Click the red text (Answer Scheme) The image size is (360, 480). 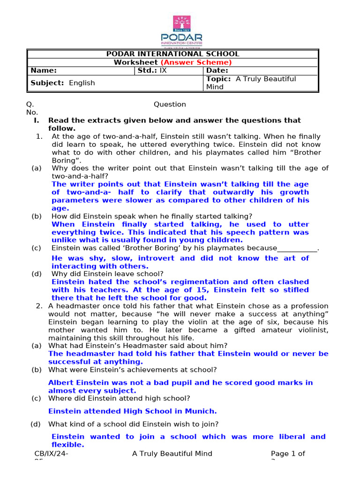pos(196,62)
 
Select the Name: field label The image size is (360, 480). pos(44,70)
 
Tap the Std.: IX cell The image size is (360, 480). pos(151,70)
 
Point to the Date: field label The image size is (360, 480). pos(217,70)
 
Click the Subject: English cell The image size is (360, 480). pos(62,83)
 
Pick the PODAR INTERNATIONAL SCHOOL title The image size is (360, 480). pos(172,54)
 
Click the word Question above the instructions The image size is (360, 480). pos(170,104)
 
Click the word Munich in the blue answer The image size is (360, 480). pos(202,412)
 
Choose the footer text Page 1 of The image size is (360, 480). pos(288,453)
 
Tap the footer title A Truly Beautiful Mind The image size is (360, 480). pos(172,453)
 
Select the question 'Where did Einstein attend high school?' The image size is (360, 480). pos(119,398)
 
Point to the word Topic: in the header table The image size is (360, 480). pos(218,79)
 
